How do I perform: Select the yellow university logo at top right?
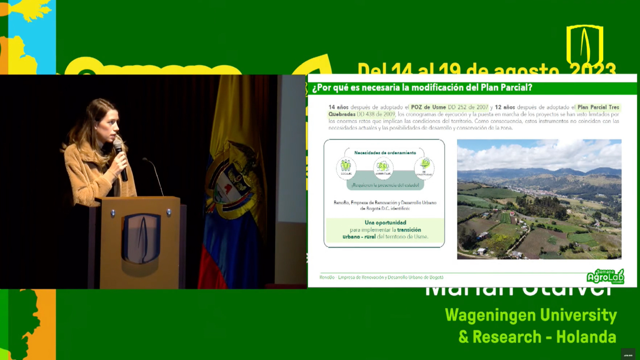(584, 45)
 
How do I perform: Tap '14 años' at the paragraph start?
(338, 107)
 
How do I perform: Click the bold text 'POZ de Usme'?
(428, 107)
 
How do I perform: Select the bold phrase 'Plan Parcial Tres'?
(598, 107)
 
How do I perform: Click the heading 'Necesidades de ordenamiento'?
(385, 153)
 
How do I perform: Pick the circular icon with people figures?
(346, 167)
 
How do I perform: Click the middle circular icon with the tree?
(383, 167)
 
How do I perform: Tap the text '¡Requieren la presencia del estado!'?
(385, 185)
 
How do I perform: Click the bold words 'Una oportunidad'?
(385, 222)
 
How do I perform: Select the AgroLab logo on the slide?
(605, 276)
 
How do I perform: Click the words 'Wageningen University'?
(531, 315)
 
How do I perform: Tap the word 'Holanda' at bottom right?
(586, 337)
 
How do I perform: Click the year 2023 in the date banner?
(592, 69)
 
